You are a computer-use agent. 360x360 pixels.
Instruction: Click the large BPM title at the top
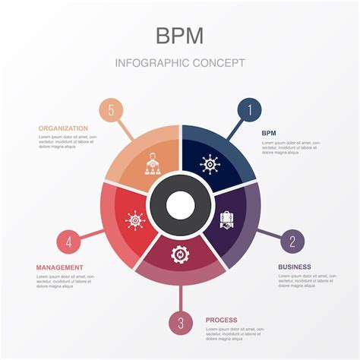[180, 36]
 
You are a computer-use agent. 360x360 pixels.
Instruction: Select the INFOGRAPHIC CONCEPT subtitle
[180, 62]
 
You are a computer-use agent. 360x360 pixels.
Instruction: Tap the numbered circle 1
[248, 110]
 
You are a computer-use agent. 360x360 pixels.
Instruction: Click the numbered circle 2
[292, 242]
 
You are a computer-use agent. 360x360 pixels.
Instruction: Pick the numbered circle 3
[180, 323]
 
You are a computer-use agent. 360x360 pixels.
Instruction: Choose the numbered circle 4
[68, 242]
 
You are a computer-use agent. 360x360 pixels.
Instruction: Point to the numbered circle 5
[111, 110]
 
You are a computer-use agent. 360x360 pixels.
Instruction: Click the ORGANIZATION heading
[63, 128]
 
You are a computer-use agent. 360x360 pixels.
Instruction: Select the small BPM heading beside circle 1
[269, 133]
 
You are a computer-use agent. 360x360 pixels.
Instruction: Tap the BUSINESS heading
[294, 267]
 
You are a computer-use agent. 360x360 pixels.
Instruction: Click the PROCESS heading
[221, 320]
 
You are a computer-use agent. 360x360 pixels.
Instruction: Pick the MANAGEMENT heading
[60, 267]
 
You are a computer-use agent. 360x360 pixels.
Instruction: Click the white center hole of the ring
[180, 204]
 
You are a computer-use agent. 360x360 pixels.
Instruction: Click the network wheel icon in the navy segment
[209, 163]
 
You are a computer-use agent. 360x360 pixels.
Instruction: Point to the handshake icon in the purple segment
[226, 220]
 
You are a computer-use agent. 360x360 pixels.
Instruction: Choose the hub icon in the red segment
[134, 220]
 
